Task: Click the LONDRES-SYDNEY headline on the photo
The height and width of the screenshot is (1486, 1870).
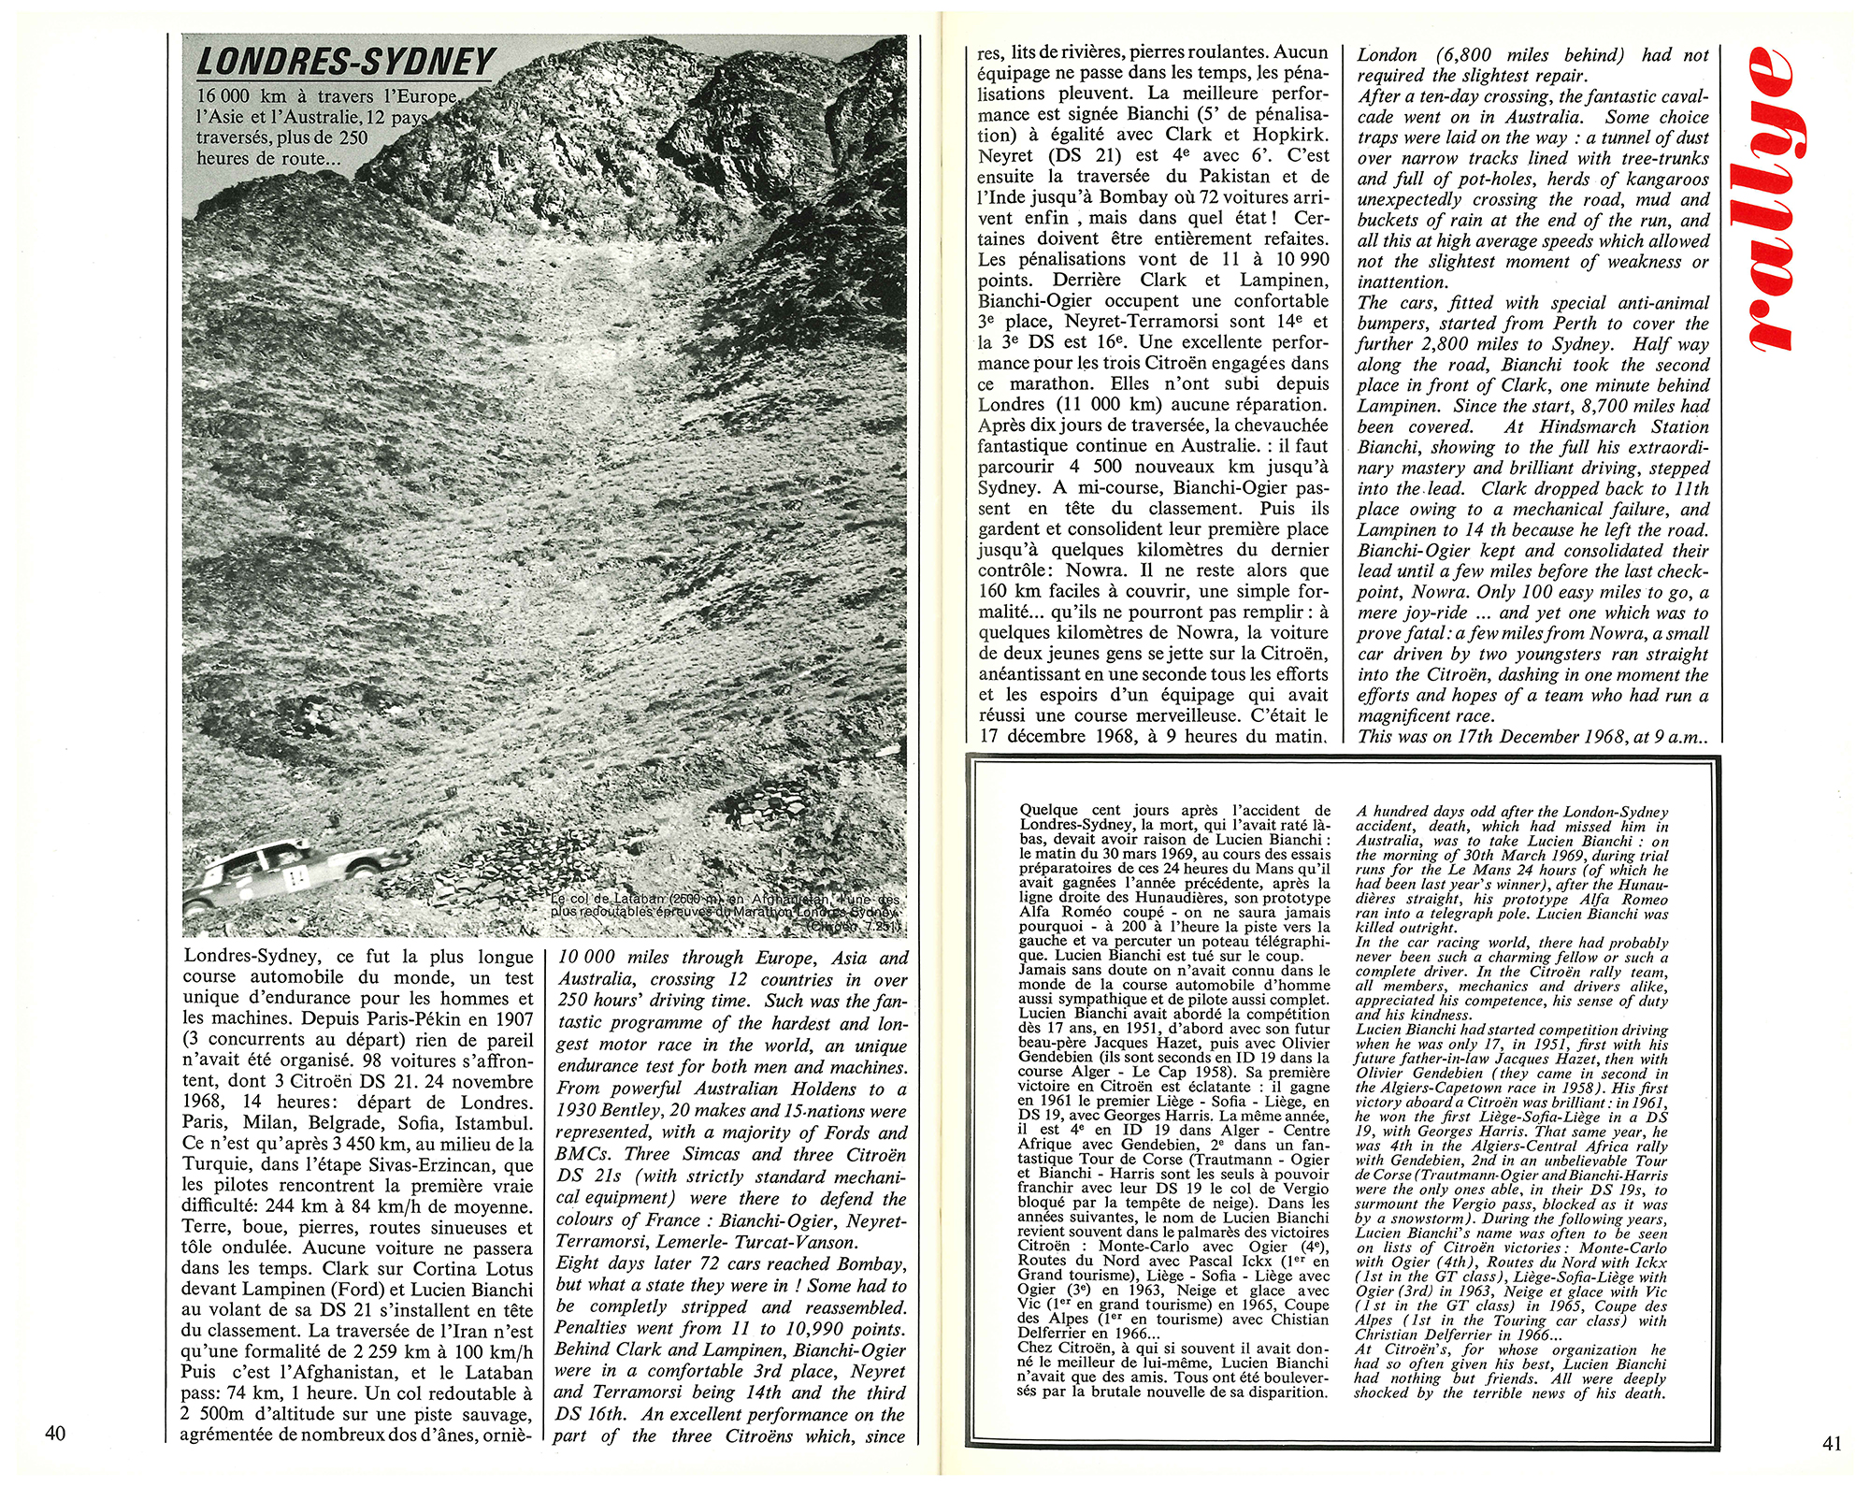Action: click(345, 62)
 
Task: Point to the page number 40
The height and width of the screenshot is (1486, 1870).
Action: click(55, 1432)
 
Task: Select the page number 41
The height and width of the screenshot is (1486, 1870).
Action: click(1832, 1442)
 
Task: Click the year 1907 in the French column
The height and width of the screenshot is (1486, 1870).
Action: click(510, 1018)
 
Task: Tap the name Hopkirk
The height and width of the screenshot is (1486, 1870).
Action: click(1289, 135)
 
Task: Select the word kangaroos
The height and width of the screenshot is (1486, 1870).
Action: click(1663, 179)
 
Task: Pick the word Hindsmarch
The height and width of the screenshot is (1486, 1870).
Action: click(1590, 426)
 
